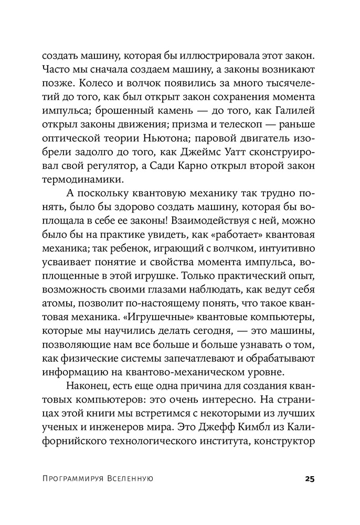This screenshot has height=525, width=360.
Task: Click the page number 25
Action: coord(308,479)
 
